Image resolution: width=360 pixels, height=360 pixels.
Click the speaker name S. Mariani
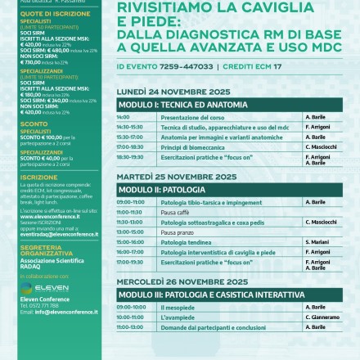317,241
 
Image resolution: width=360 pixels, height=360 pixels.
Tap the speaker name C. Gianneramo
323,316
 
